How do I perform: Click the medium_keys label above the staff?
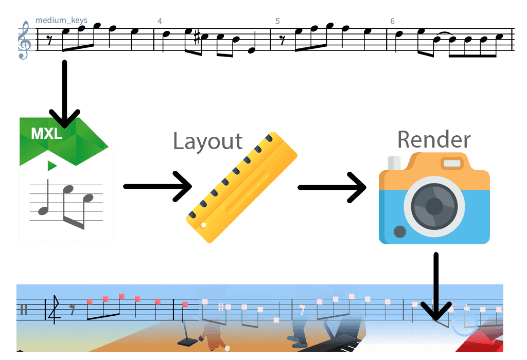[61, 21]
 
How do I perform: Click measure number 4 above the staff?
[160, 21]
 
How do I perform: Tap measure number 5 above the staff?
[277, 21]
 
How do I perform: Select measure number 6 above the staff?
[392, 21]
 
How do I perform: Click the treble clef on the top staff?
[25, 40]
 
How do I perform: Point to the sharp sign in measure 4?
[197, 38]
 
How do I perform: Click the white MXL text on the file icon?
[47, 134]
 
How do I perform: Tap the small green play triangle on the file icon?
[52, 166]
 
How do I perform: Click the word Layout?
[208, 141]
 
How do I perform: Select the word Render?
[434, 139]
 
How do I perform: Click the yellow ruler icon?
[242, 187]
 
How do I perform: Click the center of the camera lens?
[434, 206]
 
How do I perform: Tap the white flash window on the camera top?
[452, 163]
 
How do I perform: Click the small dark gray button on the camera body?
[399, 232]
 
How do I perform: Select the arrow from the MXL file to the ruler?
[157, 186]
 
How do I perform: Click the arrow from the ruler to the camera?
[332, 187]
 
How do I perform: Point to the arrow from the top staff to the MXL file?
[64, 94]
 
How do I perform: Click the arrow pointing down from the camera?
[436, 286]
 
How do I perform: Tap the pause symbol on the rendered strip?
[24, 310]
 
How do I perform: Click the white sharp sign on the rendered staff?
[221, 307]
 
